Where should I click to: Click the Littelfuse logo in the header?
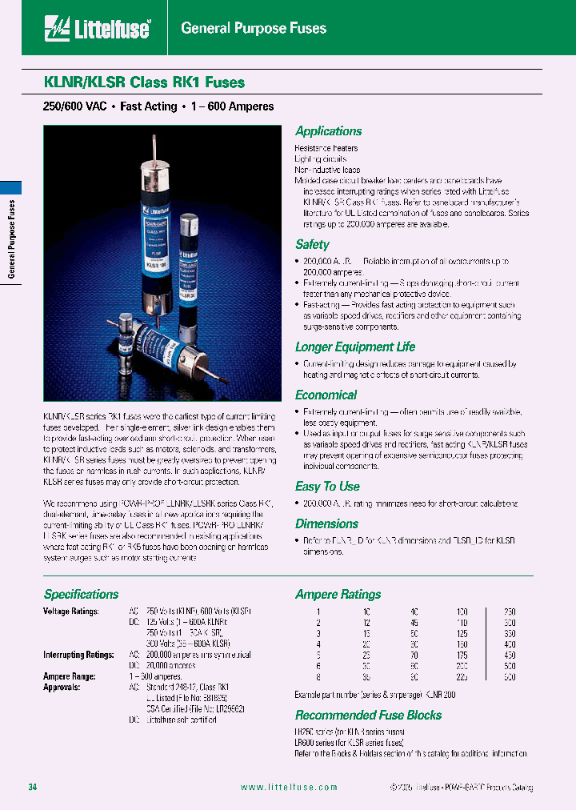click(x=98, y=29)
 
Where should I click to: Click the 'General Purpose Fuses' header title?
click(x=254, y=29)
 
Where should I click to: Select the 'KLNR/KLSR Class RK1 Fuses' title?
click(x=144, y=82)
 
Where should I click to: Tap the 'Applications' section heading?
click(x=328, y=131)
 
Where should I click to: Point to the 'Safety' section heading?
click(x=312, y=245)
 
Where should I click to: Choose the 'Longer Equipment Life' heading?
click(x=355, y=347)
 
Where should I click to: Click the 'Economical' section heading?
click(x=326, y=395)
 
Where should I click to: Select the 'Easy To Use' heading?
click(x=327, y=486)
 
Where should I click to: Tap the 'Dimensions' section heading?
click(x=326, y=523)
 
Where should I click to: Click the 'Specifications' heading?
click(x=81, y=594)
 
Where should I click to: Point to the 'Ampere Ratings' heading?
click(x=338, y=594)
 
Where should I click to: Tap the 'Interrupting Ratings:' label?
click(x=78, y=655)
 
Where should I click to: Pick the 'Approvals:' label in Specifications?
click(x=61, y=687)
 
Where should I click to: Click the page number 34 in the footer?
click(x=33, y=788)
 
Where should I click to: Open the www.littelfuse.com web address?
click(x=289, y=788)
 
